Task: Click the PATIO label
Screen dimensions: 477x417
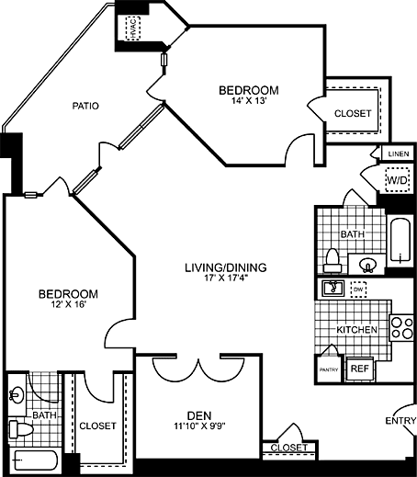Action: pyautogui.click(x=85, y=106)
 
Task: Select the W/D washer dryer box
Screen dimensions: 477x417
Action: pyautogui.click(x=397, y=181)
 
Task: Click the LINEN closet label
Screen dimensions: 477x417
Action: pyautogui.click(x=397, y=153)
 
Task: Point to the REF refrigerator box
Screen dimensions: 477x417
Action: pyautogui.click(x=360, y=368)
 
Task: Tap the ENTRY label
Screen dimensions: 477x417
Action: pyautogui.click(x=400, y=422)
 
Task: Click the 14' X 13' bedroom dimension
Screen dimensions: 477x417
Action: pyautogui.click(x=248, y=102)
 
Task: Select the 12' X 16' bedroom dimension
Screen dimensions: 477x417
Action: pyautogui.click(x=68, y=305)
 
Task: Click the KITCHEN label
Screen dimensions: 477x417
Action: pyautogui.click(x=355, y=329)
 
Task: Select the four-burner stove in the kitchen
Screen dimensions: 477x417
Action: pyautogui.click(x=401, y=328)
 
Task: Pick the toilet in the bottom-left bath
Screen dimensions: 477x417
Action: pyautogui.click(x=20, y=428)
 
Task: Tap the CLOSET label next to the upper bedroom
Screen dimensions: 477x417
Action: pyautogui.click(x=352, y=113)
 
